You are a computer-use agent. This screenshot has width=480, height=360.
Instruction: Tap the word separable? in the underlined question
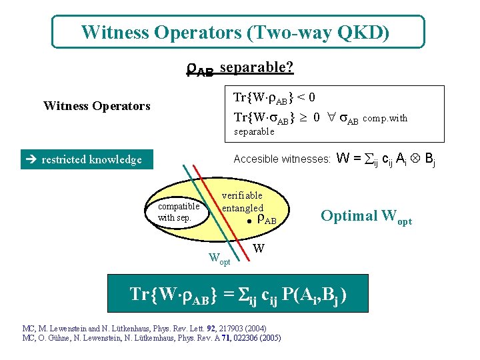[x=257, y=67]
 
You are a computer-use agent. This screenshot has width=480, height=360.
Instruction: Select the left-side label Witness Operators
[x=97, y=105]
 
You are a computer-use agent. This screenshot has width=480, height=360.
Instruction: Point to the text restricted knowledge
[x=91, y=159]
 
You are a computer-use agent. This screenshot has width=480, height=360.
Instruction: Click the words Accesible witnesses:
[x=282, y=159]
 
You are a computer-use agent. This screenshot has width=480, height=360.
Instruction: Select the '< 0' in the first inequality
[x=307, y=98]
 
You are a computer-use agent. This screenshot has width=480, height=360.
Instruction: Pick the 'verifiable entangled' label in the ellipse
[x=242, y=202]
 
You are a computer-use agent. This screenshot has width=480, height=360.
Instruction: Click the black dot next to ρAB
[x=247, y=219]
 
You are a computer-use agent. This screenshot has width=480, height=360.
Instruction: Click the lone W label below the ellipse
[x=259, y=249]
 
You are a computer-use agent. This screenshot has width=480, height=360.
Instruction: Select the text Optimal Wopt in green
[x=366, y=217]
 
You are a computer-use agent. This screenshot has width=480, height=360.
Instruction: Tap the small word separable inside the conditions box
[x=254, y=131]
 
